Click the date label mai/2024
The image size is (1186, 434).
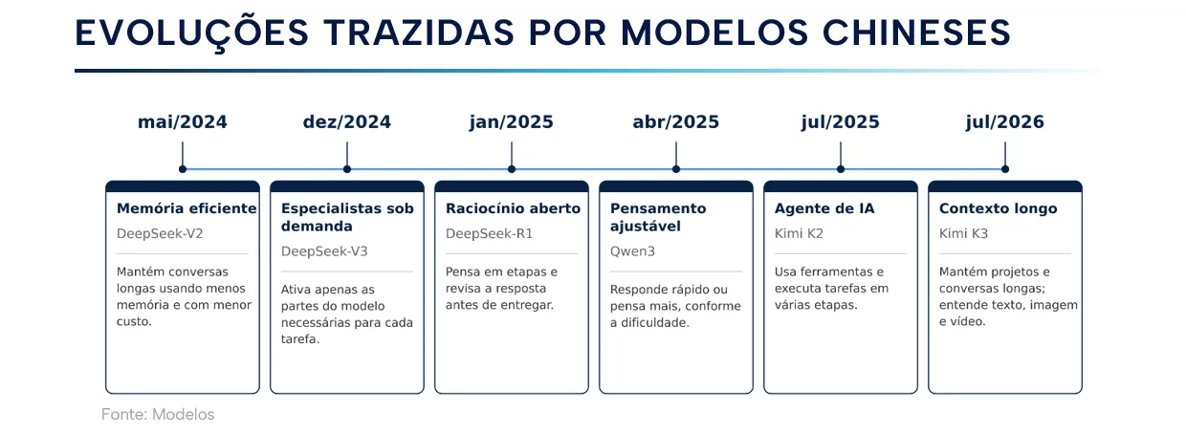click(183, 122)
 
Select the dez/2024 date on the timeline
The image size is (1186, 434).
click(347, 122)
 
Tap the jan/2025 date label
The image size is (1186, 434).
click(512, 122)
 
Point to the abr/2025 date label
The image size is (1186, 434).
click(676, 122)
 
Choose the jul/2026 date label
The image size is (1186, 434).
click(1005, 122)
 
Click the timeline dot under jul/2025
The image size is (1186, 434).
click(841, 169)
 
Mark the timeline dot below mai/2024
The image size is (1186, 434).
click(183, 169)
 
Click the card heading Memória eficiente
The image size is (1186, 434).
click(187, 208)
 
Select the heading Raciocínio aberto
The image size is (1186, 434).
click(513, 208)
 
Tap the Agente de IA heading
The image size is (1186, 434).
click(824, 208)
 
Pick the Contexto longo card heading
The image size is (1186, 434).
click(998, 208)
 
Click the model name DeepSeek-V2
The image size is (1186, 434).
click(160, 233)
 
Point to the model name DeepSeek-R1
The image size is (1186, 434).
click(490, 233)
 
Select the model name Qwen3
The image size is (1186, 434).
click(632, 250)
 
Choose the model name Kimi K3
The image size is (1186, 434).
click(964, 233)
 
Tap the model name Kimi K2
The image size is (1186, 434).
click(799, 233)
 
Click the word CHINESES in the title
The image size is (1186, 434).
click(916, 33)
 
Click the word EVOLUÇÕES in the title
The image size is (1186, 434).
click(191, 33)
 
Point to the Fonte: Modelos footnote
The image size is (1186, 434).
click(158, 414)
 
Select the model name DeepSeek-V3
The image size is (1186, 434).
click(324, 250)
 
